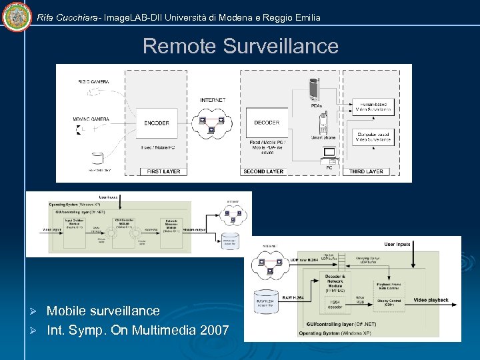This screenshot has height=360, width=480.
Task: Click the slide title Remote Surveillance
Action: click(240, 46)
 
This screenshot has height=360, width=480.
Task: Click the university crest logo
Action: click(17, 17)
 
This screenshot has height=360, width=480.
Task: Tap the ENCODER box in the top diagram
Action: click(156, 123)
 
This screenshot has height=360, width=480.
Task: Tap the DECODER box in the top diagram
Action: click(267, 123)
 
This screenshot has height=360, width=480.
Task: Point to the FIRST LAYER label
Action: click(164, 171)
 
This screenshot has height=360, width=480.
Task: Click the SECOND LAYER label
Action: click(263, 171)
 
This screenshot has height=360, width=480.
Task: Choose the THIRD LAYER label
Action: click(366, 171)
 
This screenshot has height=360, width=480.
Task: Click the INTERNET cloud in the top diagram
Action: click(213, 123)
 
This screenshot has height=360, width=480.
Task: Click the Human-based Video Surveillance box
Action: click(373, 107)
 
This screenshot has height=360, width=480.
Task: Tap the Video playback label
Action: click(431, 300)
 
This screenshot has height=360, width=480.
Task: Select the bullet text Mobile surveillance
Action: click(103, 311)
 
